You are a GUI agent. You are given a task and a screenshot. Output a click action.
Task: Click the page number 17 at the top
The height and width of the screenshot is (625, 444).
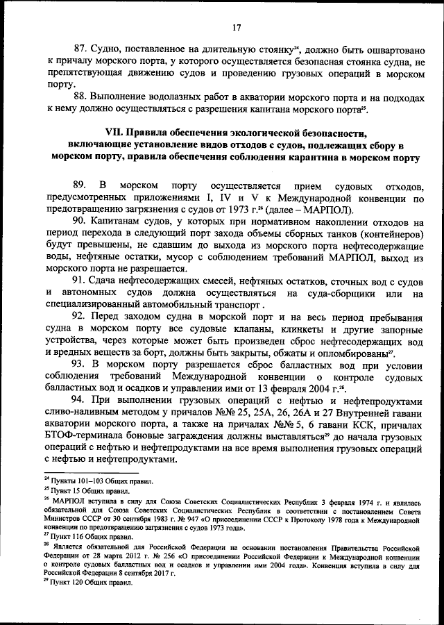[x=236, y=28]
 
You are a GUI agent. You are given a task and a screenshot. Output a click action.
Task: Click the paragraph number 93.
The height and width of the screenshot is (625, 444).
[x=80, y=363]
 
